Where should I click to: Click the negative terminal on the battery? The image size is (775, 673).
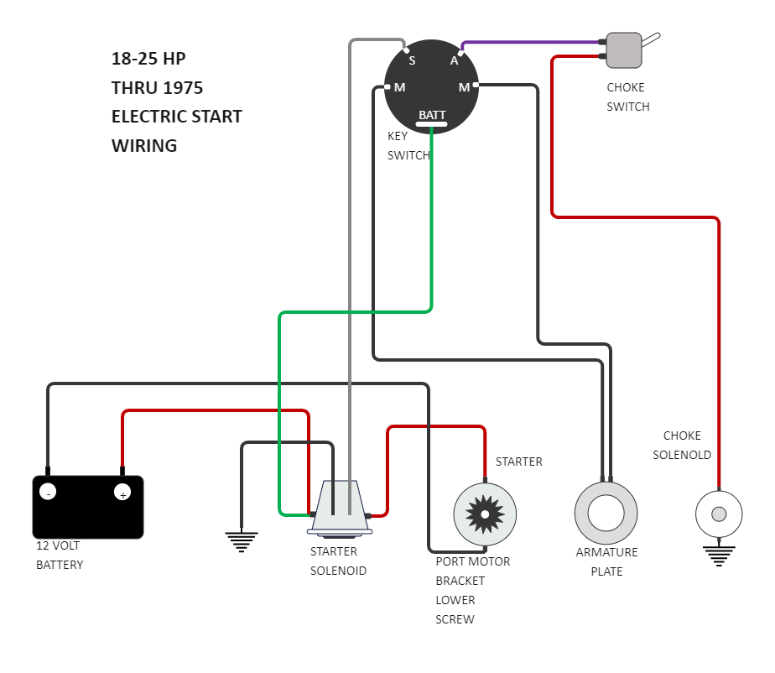point(48,493)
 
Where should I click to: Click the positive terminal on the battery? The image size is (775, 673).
point(122,493)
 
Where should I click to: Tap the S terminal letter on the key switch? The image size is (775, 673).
point(412,60)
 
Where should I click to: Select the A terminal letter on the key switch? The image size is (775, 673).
point(455,60)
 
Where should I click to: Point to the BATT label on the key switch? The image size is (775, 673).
point(433,115)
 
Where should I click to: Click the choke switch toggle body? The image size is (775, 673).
point(624,50)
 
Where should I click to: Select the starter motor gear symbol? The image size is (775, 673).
point(485,514)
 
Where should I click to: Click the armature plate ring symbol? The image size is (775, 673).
point(606,513)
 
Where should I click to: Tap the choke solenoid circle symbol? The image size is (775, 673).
point(719,514)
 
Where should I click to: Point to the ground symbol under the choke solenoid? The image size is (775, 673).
point(719,555)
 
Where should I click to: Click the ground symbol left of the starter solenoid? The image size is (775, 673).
point(242,542)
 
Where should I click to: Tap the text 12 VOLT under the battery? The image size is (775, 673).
point(58,545)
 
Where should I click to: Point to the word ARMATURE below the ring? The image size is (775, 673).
point(606,552)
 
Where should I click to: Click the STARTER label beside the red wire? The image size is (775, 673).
point(518,462)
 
